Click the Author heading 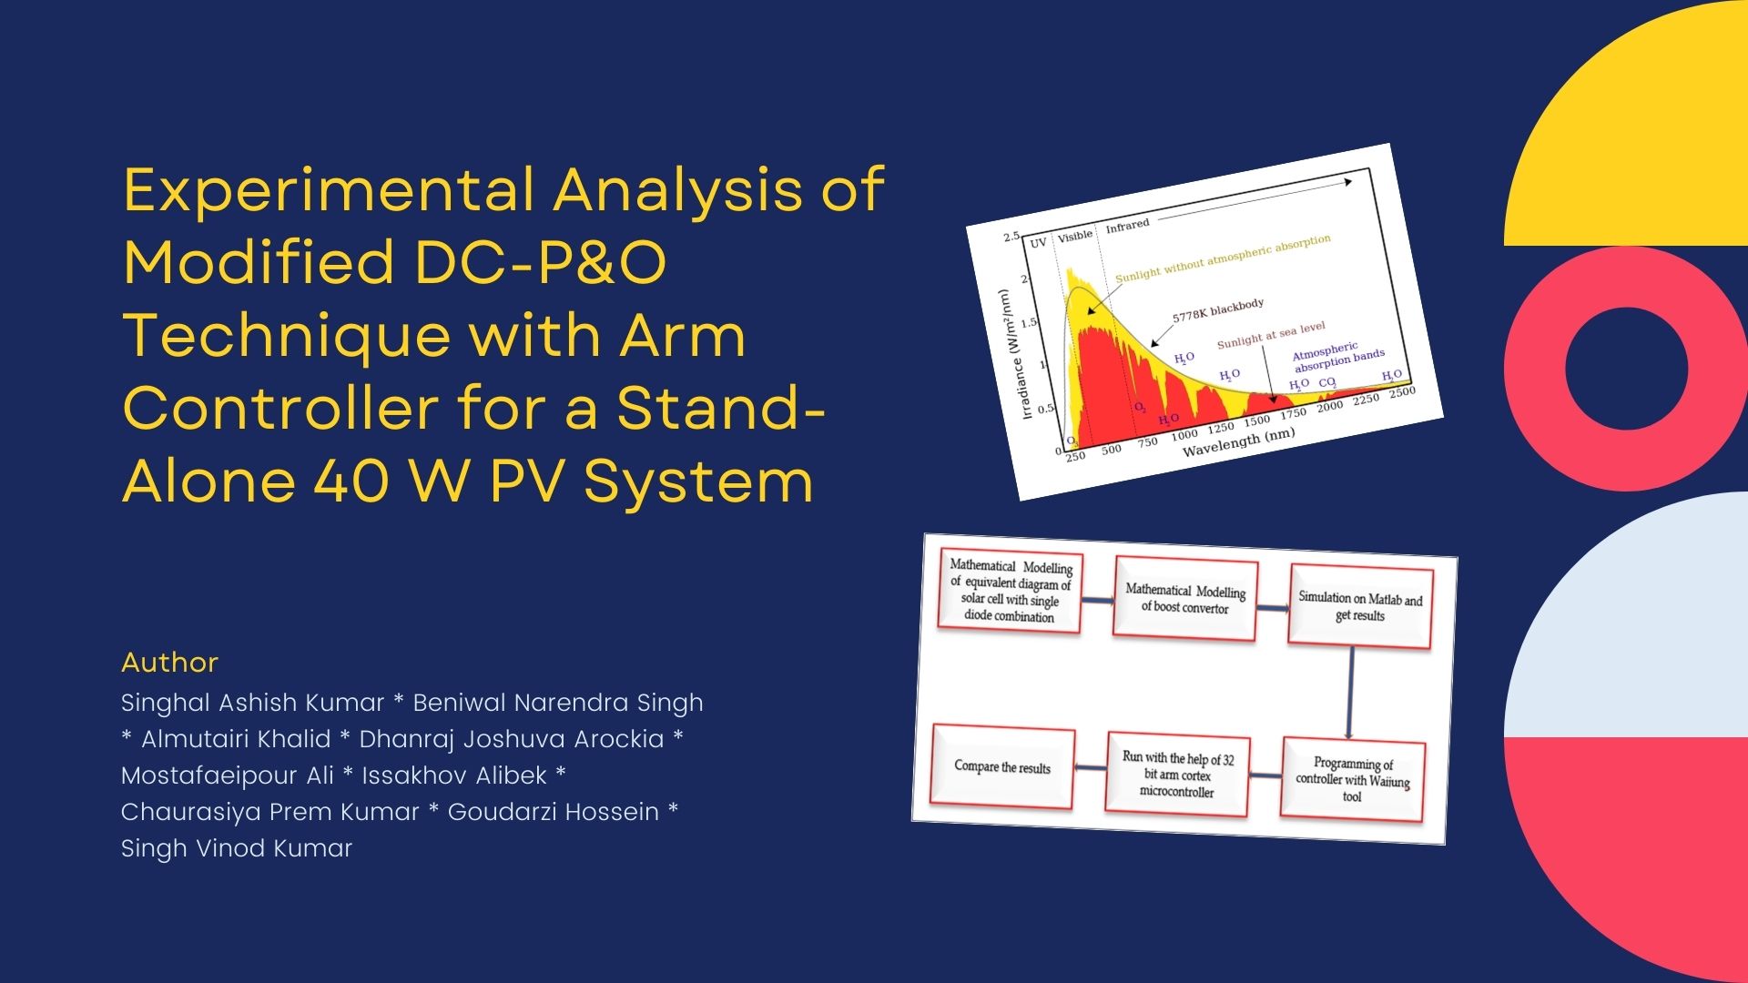coord(169,663)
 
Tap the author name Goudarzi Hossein coord(553,812)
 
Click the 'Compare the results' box coord(1002,767)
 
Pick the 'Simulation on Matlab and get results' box coord(1360,607)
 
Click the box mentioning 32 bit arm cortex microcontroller coord(1177,775)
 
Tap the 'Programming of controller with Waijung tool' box coord(1352,780)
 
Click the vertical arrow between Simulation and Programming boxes coord(1350,693)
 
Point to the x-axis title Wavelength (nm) coord(1238,441)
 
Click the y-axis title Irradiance coord(1014,355)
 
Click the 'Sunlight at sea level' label coord(1271,335)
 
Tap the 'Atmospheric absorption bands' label coord(1338,357)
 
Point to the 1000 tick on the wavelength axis coord(1184,435)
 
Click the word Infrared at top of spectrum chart coord(1127,225)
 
